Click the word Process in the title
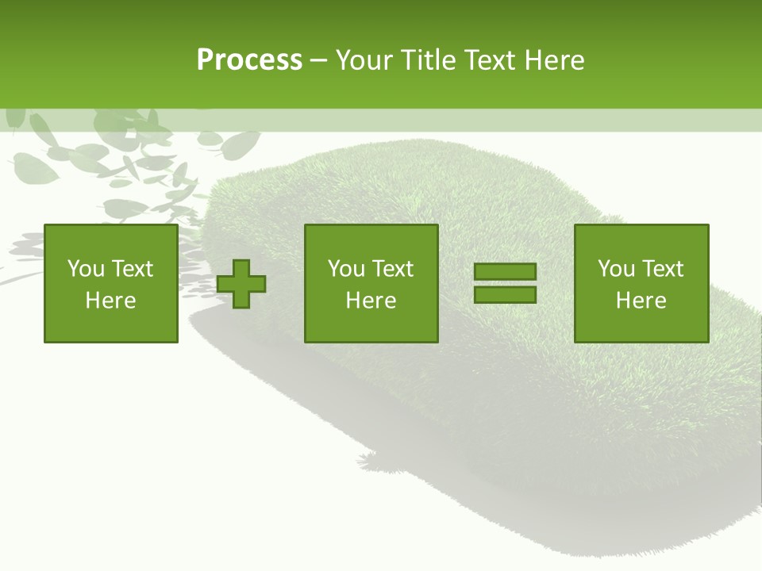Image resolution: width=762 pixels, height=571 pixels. (249, 60)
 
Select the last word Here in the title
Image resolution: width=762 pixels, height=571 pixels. (554, 60)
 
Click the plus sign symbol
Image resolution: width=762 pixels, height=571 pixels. (241, 283)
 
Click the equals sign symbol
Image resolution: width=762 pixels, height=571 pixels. (505, 283)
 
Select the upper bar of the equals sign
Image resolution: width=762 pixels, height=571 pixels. (505, 272)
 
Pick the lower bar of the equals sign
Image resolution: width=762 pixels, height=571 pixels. (505, 294)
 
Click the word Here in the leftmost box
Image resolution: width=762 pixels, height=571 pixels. (111, 301)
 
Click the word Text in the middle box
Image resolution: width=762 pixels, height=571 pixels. (392, 269)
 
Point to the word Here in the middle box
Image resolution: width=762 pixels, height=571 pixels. (371, 301)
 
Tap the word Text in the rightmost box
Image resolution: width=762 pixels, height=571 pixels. (662, 269)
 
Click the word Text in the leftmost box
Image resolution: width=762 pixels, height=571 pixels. (132, 269)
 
